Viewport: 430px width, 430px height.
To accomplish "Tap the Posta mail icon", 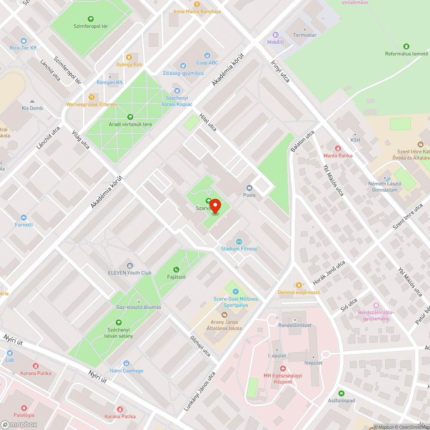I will (249, 187).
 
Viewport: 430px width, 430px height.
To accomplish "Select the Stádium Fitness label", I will (239, 249).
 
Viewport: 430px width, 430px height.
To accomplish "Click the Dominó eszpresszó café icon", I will (298, 285).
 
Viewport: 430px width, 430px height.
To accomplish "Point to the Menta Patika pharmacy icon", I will (338, 148).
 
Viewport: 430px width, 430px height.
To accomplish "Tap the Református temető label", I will (406, 54).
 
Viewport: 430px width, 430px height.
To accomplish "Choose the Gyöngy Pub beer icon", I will (129, 57).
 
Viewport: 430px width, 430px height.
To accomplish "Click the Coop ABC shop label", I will (207, 63).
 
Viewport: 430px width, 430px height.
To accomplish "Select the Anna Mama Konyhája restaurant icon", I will (197, 4).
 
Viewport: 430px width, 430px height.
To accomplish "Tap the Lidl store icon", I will (9, 352).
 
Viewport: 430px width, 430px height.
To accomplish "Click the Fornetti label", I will (24, 224).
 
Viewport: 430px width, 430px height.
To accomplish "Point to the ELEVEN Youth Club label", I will (129, 273).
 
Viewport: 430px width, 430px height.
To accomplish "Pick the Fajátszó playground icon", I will (176, 269).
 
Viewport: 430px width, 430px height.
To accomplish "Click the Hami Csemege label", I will (126, 371).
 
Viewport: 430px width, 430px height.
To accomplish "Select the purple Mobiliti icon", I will (275, 35).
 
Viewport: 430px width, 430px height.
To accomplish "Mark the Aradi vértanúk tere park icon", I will (130, 117).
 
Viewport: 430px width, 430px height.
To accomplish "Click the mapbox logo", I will (19, 424).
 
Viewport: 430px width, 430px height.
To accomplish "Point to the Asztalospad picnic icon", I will (341, 393).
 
